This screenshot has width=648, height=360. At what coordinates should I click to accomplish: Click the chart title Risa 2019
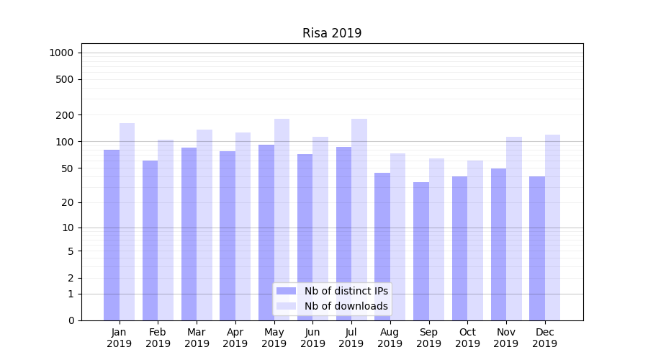[x=332, y=33]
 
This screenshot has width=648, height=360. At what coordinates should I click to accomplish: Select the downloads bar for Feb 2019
[x=166, y=230]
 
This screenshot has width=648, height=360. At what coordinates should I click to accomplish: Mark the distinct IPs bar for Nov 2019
[x=498, y=244]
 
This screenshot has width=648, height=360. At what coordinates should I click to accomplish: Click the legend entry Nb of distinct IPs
[x=346, y=291]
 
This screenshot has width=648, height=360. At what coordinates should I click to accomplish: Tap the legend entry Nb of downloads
[x=346, y=306]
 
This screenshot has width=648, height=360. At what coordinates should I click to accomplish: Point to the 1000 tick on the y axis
[x=60, y=53]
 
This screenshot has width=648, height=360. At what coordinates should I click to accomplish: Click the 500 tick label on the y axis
[x=65, y=79]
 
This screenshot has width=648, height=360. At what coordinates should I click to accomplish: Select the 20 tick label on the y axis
[x=68, y=202]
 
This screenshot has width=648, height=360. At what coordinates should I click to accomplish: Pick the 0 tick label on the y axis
[x=71, y=320]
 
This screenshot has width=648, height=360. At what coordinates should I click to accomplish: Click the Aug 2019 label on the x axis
[x=390, y=338]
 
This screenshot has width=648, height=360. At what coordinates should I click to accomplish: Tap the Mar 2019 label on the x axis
[x=197, y=338]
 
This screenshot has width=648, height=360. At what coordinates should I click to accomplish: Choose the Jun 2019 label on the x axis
[x=312, y=338]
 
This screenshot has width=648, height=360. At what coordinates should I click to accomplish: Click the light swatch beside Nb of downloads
[x=287, y=306]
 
